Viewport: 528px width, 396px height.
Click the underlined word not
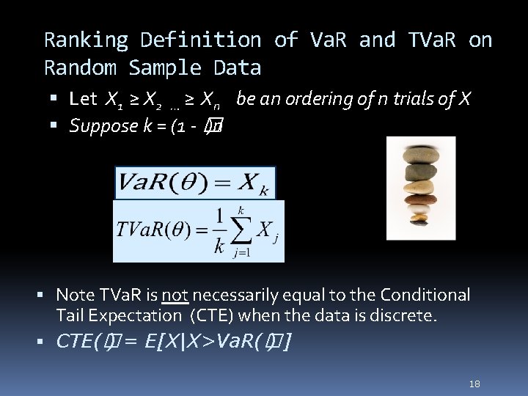pyautogui.click(x=175, y=295)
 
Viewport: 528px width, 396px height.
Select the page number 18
pyautogui.click(x=474, y=384)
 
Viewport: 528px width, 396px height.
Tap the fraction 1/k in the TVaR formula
pyautogui.click(x=219, y=231)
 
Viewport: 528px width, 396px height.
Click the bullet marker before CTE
pyautogui.click(x=45, y=341)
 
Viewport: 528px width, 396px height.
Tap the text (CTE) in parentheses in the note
pyautogui.click(x=213, y=316)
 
